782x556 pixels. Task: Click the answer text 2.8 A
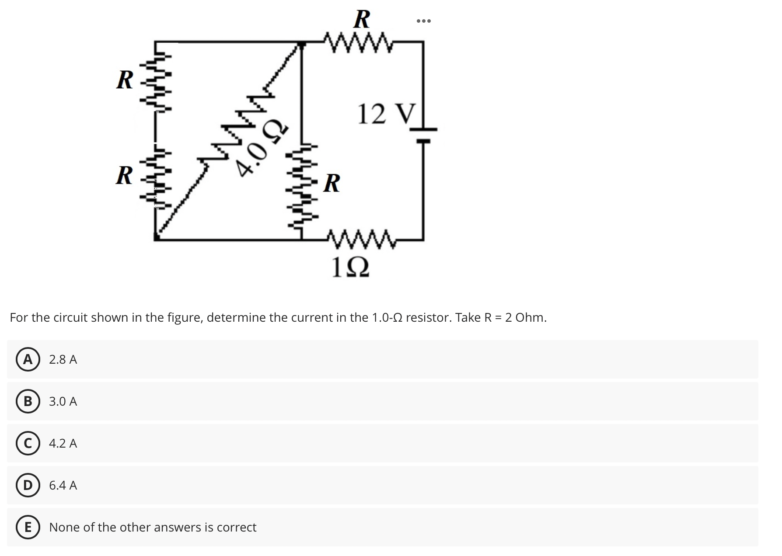point(63,359)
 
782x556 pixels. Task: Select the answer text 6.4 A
point(63,485)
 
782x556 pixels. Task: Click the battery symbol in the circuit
point(423,135)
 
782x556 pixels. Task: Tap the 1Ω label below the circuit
point(350,267)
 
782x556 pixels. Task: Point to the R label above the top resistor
point(361,19)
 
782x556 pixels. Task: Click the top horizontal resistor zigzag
point(360,42)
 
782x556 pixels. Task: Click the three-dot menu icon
point(423,21)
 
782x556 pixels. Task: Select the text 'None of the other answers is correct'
point(153,527)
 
